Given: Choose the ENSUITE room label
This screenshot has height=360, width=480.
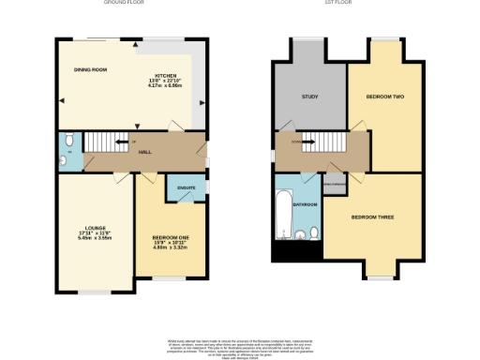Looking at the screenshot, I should pos(185,187).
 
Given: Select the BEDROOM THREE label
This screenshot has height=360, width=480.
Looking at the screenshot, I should pos(372,217).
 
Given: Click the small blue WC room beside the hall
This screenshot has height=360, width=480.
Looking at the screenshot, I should pos(67,151).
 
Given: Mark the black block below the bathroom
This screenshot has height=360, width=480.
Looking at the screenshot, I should pos(282,252).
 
